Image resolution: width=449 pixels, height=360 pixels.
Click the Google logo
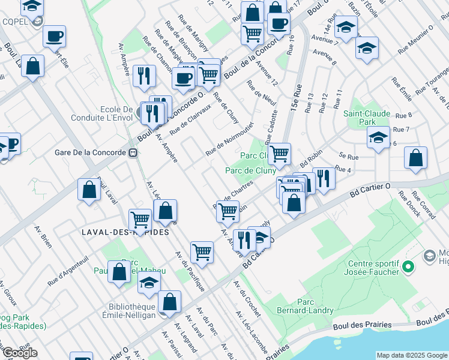[19, 353]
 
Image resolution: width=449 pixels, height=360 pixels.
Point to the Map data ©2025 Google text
[412, 355]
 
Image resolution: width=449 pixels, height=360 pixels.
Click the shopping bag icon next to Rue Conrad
[415, 158]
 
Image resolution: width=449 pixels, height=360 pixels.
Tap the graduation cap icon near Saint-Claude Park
[378, 138]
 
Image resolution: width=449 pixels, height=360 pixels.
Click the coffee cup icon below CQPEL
[54, 37]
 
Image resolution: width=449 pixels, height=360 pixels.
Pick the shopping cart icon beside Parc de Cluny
[279, 154]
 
